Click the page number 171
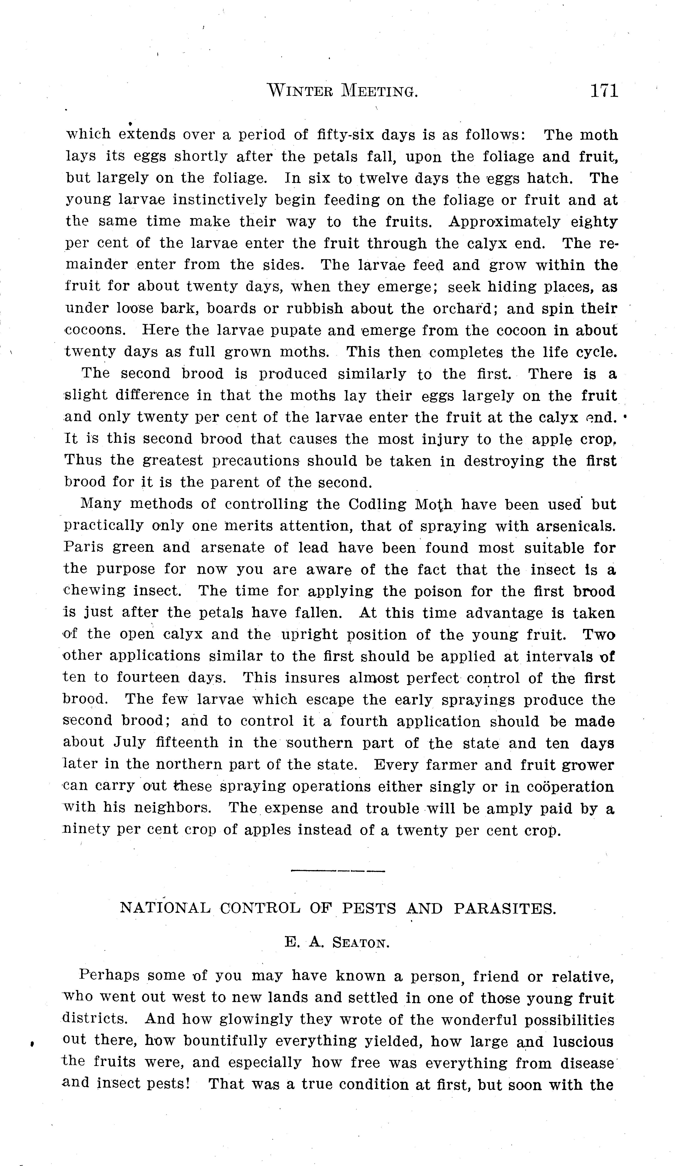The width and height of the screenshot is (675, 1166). point(604,91)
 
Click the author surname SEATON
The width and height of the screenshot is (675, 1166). point(361,943)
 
